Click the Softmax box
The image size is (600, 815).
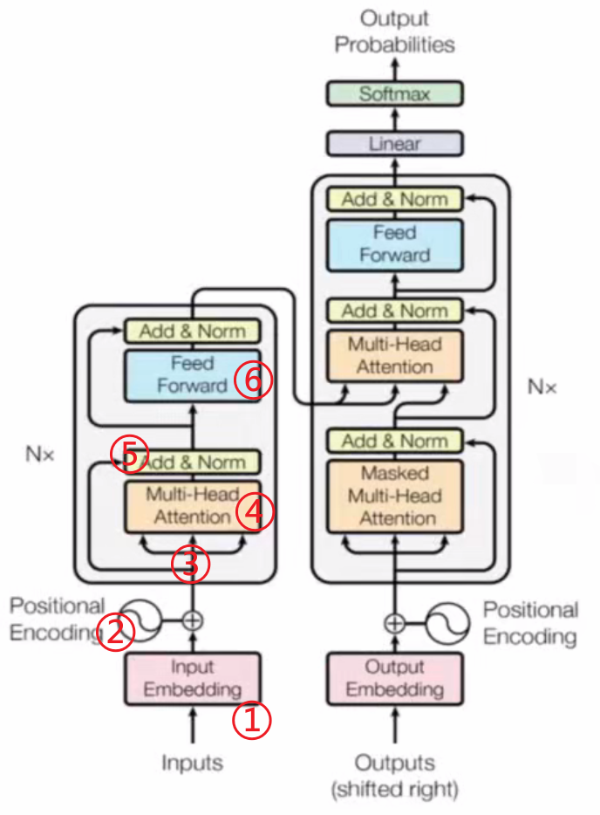click(x=394, y=94)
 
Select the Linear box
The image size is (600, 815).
click(x=394, y=143)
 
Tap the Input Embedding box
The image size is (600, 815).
click(x=193, y=679)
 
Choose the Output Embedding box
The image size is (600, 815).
click(x=394, y=679)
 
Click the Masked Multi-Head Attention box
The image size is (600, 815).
click(x=394, y=496)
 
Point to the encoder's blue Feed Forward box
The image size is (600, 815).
click(x=193, y=375)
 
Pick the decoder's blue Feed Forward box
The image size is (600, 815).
click(x=394, y=243)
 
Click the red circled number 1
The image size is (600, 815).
click(x=252, y=720)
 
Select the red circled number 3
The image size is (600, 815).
click(x=191, y=565)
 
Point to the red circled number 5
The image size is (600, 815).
click(x=129, y=454)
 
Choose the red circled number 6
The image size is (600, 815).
click(x=253, y=381)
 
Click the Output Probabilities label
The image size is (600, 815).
click(x=394, y=31)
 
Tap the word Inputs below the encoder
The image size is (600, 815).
click(x=193, y=763)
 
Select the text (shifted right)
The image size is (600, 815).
click(x=394, y=791)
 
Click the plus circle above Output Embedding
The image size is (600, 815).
click(x=394, y=623)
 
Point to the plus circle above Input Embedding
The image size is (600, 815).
click(x=193, y=620)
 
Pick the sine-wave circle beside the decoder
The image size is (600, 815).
click(x=452, y=623)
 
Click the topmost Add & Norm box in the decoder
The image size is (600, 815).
click(x=394, y=199)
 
